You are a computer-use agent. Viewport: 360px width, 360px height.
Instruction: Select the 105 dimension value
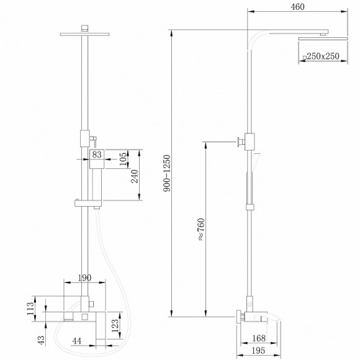tap(123, 159)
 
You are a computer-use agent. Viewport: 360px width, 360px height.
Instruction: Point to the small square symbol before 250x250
tap(304, 58)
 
